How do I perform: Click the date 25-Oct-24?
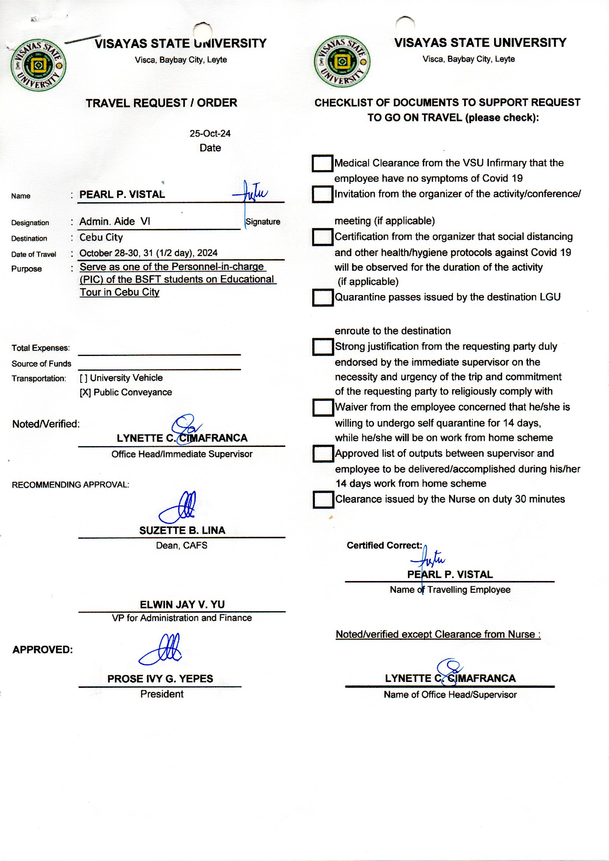210,134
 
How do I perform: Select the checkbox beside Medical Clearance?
322,163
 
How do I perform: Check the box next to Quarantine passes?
323,298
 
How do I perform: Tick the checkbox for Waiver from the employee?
323,407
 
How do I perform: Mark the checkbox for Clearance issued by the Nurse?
323,500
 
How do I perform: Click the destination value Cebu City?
101,238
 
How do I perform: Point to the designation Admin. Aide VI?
115,222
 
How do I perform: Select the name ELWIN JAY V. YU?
182,605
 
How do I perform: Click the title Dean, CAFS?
182,546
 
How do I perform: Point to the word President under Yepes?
162,694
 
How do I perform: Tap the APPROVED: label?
43,650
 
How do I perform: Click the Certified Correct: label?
384,546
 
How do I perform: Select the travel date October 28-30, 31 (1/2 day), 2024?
148,253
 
